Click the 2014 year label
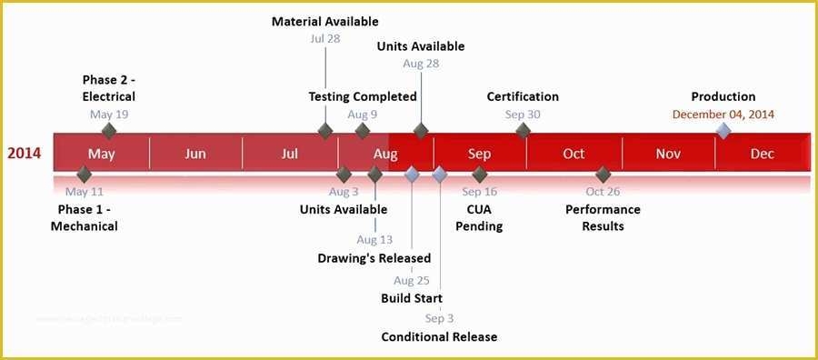point(25,154)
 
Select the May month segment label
point(102,154)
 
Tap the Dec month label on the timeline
point(763,154)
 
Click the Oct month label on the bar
point(574,154)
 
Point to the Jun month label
point(195,154)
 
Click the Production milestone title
point(723,96)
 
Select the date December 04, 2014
point(723,115)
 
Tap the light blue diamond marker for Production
point(723,131)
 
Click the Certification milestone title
point(523,96)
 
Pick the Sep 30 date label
point(523,115)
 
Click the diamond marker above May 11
point(85,174)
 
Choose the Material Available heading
point(325,21)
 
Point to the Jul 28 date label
point(325,39)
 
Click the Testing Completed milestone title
point(363,96)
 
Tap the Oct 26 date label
point(603,192)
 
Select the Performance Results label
point(603,217)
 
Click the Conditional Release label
point(439,337)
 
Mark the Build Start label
point(412,298)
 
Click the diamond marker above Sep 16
point(480,174)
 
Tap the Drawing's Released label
point(374,258)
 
